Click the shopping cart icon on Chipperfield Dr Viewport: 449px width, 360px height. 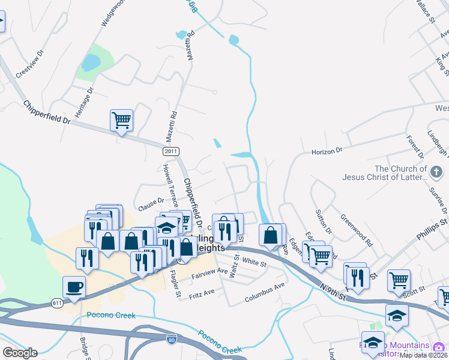(x=121, y=121)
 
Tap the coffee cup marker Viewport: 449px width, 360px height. (x=74, y=287)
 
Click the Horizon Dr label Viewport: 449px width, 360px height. (x=327, y=151)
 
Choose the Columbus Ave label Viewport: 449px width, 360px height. (x=264, y=293)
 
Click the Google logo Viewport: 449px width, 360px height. (x=19, y=352)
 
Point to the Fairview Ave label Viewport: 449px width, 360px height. (x=209, y=273)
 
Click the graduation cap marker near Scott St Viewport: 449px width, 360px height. (x=397, y=314)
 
